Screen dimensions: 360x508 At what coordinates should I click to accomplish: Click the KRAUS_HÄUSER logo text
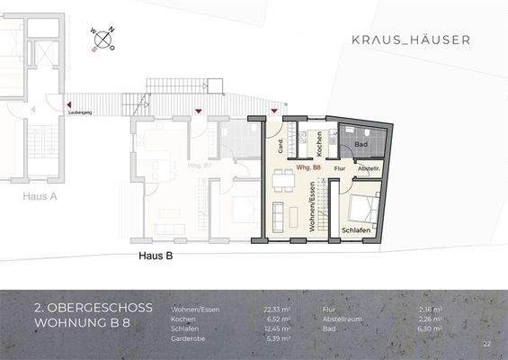click(409, 40)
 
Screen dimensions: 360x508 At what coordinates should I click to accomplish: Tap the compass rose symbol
click(102, 40)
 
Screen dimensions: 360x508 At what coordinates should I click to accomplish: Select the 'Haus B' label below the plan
click(155, 256)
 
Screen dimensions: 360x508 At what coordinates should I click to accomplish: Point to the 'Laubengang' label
click(79, 112)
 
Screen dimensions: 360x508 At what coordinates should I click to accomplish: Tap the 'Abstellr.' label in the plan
click(370, 168)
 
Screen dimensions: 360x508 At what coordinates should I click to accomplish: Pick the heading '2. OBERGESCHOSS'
click(93, 307)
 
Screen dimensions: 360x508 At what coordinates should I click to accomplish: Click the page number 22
click(486, 344)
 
